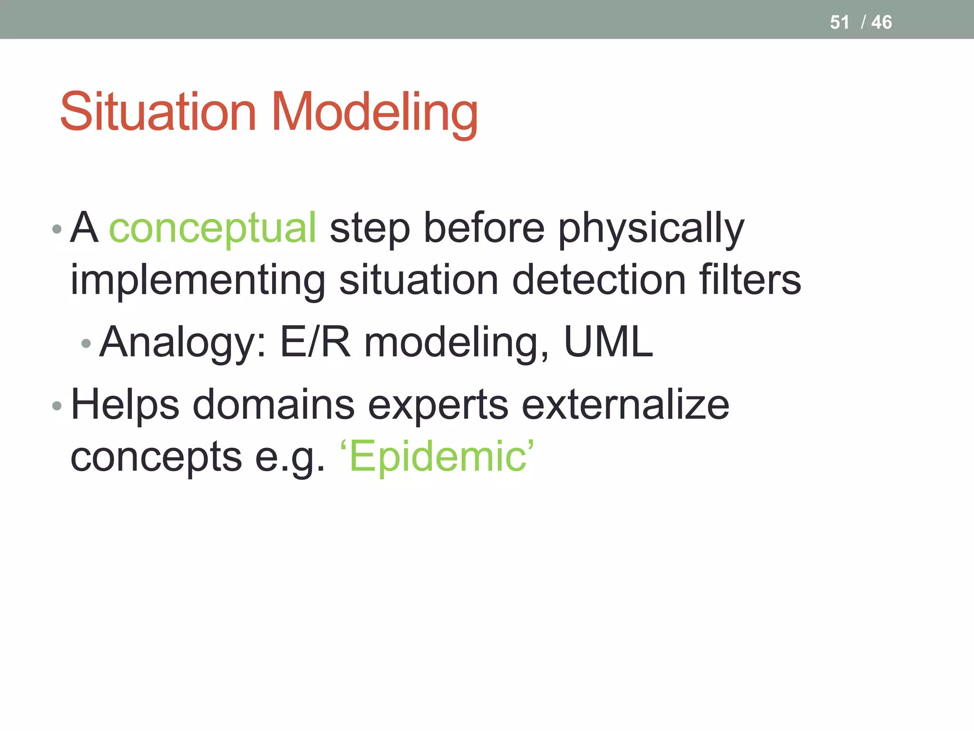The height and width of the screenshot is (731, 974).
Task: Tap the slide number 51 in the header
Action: pyautogui.click(x=839, y=22)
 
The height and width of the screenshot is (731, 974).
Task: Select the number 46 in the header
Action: pyautogui.click(x=881, y=22)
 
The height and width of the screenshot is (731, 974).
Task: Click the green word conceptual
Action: pyautogui.click(x=213, y=228)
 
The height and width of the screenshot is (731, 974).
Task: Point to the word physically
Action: pyautogui.click(x=651, y=229)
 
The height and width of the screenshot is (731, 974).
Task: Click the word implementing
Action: pyautogui.click(x=198, y=281)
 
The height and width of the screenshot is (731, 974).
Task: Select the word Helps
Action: pyautogui.click(x=125, y=405)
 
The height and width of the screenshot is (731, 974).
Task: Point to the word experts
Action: pyautogui.click(x=438, y=405)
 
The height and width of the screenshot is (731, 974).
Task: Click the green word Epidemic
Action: pyautogui.click(x=438, y=457)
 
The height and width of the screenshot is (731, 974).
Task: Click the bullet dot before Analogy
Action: pyautogui.click(x=86, y=343)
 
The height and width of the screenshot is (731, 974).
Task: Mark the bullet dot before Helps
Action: pyautogui.click(x=57, y=406)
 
